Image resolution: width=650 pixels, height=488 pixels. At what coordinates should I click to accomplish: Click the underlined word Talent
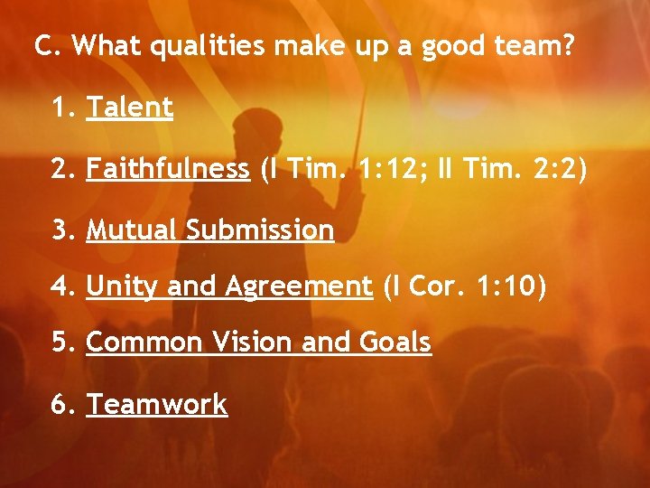pyautogui.click(x=129, y=108)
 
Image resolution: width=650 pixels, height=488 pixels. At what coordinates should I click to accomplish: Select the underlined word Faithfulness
pyautogui.click(x=168, y=169)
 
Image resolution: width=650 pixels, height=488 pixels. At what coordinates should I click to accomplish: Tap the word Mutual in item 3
pyautogui.click(x=133, y=230)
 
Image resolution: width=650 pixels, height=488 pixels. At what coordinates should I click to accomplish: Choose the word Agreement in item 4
pyautogui.click(x=299, y=287)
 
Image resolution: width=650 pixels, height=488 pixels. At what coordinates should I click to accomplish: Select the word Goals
pyautogui.click(x=395, y=343)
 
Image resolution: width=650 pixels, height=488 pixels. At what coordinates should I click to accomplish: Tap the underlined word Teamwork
pyautogui.click(x=157, y=404)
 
